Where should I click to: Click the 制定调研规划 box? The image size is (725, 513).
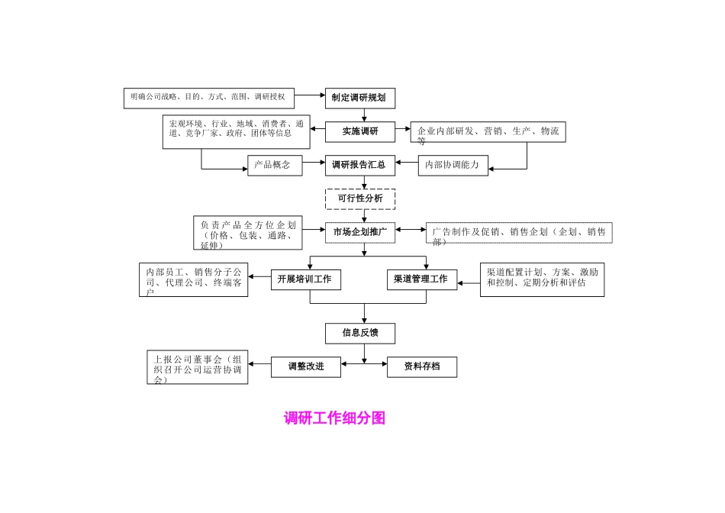pos(360,98)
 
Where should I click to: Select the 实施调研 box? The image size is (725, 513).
pos(360,131)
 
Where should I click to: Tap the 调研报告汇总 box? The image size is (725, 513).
pos(360,165)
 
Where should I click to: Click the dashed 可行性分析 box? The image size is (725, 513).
pos(360,198)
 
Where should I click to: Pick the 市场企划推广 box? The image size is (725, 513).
pos(360,232)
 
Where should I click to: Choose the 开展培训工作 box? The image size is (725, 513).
pos(306,279)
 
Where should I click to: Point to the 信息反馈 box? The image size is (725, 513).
pos(360,333)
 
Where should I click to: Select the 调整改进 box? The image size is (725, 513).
pos(306,367)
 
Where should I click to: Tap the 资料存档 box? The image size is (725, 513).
pos(422,367)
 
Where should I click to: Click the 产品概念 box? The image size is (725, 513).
pos(275,165)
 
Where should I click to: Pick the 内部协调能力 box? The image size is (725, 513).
pos(453,165)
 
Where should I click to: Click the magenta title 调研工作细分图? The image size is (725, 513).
pos(334,418)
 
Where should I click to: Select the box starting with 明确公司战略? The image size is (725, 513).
pos(208,97)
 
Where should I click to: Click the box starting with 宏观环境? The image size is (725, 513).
pos(237,132)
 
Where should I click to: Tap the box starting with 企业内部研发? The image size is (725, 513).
pos(488,132)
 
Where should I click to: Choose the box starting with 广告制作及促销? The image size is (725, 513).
pos(519,233)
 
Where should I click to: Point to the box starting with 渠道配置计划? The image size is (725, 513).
pos(542,279)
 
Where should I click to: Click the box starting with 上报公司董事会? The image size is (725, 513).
pos(198,367)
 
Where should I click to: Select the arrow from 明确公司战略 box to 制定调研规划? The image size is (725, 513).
pos(309,96)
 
